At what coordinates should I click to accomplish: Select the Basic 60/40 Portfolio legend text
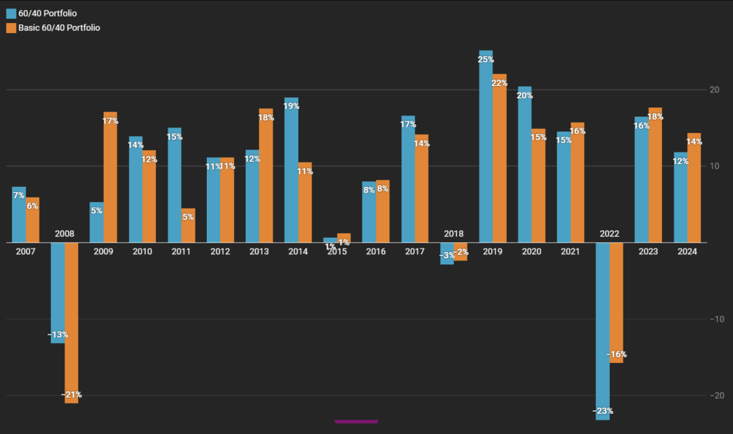pyautogui.click(x=59, y=28)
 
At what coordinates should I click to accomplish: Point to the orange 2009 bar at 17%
pyautogui.click(x=110, y=179)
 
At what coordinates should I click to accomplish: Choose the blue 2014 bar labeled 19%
pyautogui.click(x=291, y=172)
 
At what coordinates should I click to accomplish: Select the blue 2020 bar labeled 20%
pyautogui.click(x=525, y=165)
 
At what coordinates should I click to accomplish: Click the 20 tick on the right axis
pyautogui.click(x=714, y=90)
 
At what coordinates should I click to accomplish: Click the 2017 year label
pyautogui.click(x=415, y=251)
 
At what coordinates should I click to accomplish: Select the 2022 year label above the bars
pyautogui.click(x=609, y=234)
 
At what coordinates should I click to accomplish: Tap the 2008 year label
pyautogui.click(x=64, y=234)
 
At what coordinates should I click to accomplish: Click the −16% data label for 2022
pyautogui.click(x=616, y=355)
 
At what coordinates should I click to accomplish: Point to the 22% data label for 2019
pyautogui.click(x=499, y=83)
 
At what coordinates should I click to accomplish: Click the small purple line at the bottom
pyautogui.click(x=356, y=421)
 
